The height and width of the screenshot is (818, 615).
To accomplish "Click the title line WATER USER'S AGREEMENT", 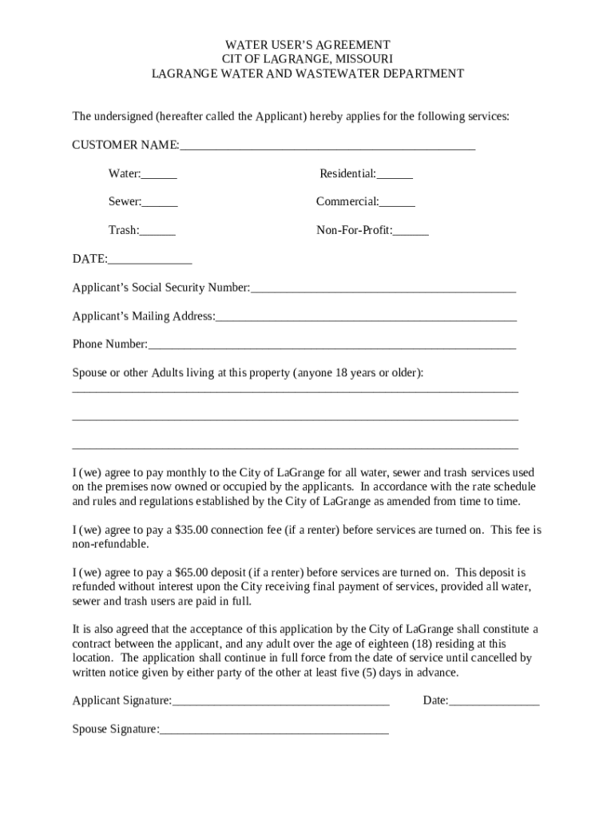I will (307, 45).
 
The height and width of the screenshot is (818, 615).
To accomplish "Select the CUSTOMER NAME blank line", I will (327, 146).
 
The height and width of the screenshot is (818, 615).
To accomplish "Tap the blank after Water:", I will (160, 175).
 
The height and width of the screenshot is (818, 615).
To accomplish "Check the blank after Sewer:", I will (161, 203).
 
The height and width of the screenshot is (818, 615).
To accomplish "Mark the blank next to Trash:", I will (158, 232).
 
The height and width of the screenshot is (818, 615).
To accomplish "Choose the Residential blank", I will (395, 175).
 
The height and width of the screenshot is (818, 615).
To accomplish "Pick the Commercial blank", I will (398, 203).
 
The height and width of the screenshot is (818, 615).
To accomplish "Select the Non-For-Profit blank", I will (411, 232).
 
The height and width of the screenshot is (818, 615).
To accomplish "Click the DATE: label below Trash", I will (89, 260).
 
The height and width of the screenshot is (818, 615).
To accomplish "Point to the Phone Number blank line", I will (332, 346).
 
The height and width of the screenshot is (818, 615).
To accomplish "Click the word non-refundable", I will (110, 544).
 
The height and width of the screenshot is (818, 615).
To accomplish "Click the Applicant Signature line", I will (281, 702).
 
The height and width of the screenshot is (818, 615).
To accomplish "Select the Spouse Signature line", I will (274, 730).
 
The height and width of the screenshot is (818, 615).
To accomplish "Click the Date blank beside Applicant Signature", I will (494, 702).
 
